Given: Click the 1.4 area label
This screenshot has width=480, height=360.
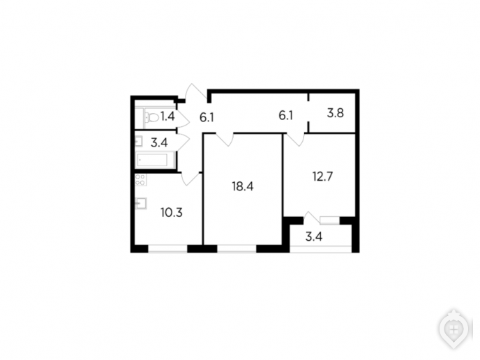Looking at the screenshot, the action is click(167, 117).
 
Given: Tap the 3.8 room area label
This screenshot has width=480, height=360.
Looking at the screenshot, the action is click(335, 113).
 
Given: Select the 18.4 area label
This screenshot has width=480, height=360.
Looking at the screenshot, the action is click(243, 186).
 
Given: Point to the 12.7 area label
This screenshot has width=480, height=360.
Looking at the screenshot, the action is click(322, 177).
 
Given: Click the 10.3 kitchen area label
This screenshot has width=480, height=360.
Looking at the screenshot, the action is click(172, 212).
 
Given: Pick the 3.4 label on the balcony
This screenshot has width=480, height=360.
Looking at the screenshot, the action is click(314, 237).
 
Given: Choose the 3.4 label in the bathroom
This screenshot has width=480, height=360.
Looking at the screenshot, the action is click(159, 142).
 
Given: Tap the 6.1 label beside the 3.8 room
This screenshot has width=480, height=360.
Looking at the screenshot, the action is click(285, 115).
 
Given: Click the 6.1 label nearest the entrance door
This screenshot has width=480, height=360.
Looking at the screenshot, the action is click(207, 117).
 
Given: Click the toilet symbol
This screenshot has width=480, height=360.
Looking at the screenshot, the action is click(151, 117).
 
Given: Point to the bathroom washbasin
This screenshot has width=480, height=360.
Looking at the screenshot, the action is click(139, 141).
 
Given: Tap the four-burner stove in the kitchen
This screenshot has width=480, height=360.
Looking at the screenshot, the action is click(140, 180).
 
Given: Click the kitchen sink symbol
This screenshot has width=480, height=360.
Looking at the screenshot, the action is click(140, 203).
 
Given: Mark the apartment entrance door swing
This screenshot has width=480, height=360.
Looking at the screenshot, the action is click(196, 91).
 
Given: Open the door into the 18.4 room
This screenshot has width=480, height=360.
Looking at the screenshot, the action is click(225, 140).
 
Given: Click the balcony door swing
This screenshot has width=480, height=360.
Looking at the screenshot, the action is click(312, 218).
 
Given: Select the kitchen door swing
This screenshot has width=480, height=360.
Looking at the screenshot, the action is click(190, 179).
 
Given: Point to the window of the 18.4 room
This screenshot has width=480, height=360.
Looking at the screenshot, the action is click(237, 248).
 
